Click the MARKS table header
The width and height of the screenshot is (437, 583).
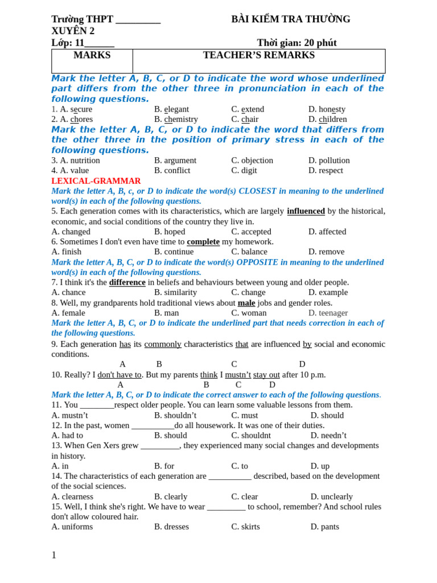coord(92,55)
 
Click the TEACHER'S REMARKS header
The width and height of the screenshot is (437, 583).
coord(258,55)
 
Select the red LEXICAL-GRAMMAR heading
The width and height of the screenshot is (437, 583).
coord(96,180)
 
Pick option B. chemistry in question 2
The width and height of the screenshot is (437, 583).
coord(176,119)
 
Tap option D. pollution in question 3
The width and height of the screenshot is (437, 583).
coord(329,160)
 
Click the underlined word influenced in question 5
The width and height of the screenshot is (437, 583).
coord(306,211)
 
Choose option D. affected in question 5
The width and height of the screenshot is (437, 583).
coord(327,231)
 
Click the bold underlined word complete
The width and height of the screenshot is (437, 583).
coord(203,241)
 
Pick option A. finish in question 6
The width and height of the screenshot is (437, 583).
coord(66,252)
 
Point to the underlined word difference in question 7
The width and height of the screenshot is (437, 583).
coord(127,282)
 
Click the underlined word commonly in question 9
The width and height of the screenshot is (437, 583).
coord(163,344)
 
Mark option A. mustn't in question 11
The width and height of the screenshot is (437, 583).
coord(69,415)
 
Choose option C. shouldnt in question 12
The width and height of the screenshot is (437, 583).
coord(251,435)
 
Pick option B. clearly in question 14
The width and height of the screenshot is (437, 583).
coord(171,496)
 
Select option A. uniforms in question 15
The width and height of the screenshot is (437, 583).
coord(72,526)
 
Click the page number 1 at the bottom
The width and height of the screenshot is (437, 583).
coord(54,555)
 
